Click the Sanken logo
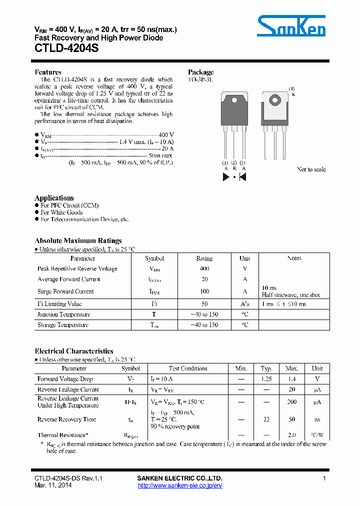tap(291, 25)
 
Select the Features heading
tap(48, 72)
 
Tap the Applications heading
tap(54, 198)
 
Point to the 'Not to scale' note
tap(311, 169)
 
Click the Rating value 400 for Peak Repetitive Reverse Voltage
tap(204, 268)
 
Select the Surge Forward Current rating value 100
tap(204, 291)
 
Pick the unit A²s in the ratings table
tap(245, 304)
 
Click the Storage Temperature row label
tap(63, 325)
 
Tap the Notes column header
tap(294, 258)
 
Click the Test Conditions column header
tap(188, 368)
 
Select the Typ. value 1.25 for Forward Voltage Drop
tap(266, 379)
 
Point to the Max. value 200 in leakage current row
tap(292, 401)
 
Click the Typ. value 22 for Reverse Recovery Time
tap(266, 419)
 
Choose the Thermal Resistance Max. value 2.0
tap(292, 435)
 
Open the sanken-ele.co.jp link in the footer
tap(179, 485)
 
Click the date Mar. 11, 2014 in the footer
tap(53, 485)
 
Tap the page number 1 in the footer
tap(324, 478)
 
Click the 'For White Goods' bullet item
tap(61, 212)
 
